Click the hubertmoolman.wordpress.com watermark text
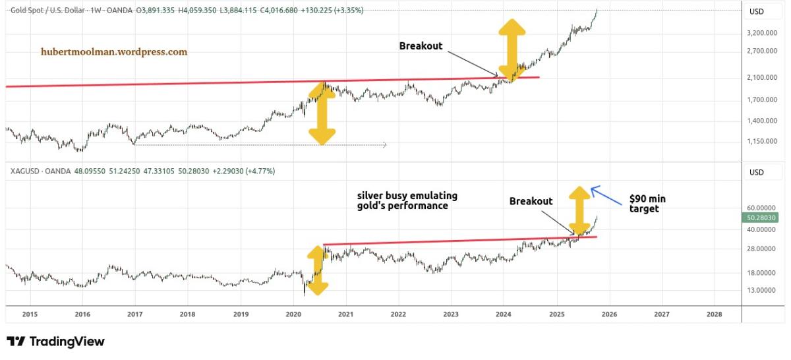[x=113, y=51]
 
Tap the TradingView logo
[x=55, y=342]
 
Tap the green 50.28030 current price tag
[x=763, y=218]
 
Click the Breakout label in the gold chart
[x=421, y=46]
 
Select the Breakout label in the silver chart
[x=531, y=201]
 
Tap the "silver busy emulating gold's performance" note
[x=407, y=200]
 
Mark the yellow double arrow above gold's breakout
[x=512, y=49]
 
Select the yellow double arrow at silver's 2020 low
[x=317, y=270]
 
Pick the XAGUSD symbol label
[x=25, y=171]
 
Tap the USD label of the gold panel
[x=756, y=11]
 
